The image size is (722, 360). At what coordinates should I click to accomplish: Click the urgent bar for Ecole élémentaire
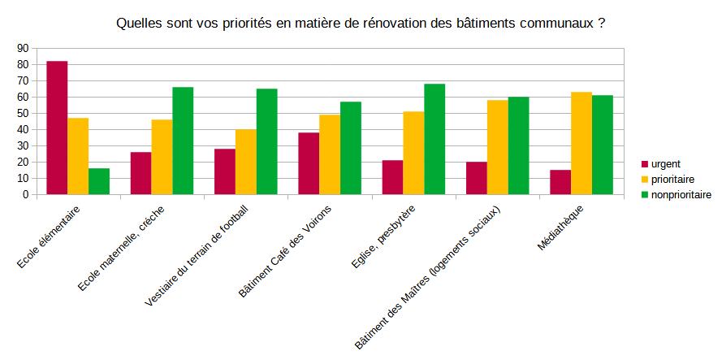[57, 128]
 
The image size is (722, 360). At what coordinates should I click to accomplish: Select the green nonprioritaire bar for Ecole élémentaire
[99, 181]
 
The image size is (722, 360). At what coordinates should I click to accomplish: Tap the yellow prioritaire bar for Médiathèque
[581, 143]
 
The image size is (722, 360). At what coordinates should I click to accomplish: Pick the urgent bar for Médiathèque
[560, 182]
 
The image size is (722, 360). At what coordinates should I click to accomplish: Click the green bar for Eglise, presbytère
[434, 139]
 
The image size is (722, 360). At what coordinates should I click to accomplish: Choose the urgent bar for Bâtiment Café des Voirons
[309, 163]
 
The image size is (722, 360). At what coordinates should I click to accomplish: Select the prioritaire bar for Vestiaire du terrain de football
[246, 162]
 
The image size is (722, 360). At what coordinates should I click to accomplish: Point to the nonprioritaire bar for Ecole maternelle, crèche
[183, 141]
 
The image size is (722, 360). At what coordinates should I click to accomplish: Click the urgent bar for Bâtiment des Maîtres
[477, 178]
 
